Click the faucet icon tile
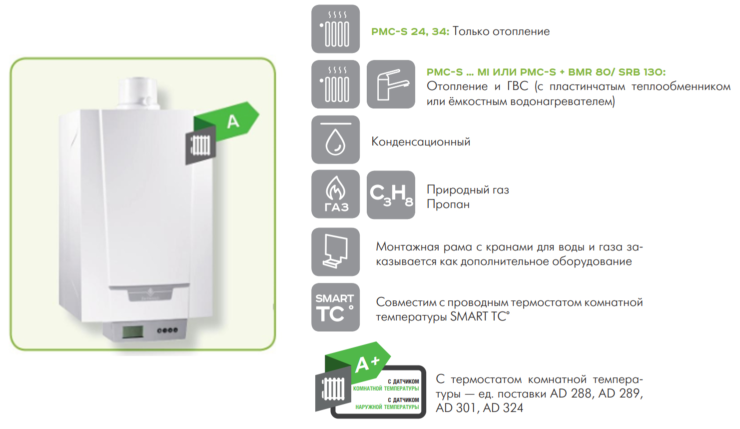(391, 84)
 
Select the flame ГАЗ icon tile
(335, 194)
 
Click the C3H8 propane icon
(391, 194)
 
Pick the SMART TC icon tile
(335, 307)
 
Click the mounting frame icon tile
(335, 252)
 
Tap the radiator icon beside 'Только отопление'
(335, 29)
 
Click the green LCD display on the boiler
(132, 332)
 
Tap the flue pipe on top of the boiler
(138, 93)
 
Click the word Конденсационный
(421, 142)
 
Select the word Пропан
(448, 204)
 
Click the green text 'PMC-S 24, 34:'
(410, 31)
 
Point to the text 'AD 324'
(503, 408)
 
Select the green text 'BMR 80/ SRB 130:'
(617, 72)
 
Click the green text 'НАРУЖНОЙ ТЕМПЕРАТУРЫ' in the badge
(387, 407)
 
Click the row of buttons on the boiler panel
(167, 330)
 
